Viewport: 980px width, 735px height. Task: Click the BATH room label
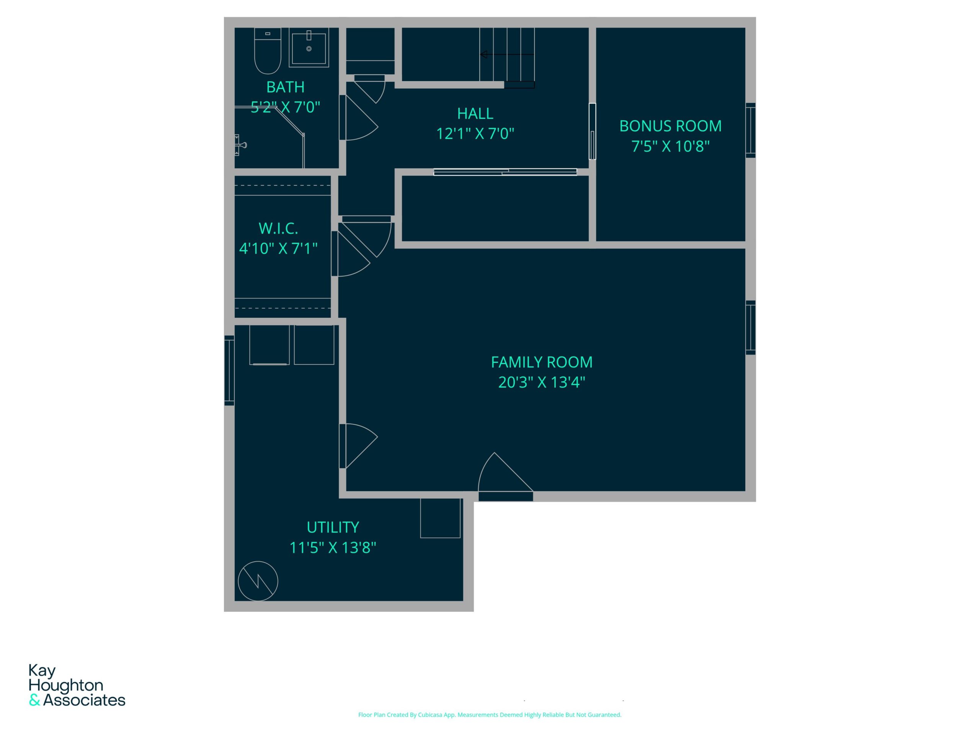pos(285,87)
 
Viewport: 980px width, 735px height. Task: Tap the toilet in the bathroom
pos(268,51)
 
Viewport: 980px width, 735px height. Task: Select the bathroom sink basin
pos(309,48)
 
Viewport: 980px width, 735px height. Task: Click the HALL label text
pos(475,113)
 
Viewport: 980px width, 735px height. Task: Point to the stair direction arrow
pos(507,54)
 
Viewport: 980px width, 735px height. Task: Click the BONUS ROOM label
pos(670,126)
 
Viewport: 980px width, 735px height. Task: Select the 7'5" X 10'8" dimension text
pos(670,146)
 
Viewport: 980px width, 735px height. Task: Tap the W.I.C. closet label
pos(278,228)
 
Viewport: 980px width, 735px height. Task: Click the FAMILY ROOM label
pos(541,362)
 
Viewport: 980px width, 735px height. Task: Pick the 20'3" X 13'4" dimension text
pos(541,382)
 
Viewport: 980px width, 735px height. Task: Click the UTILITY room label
pos(333,527)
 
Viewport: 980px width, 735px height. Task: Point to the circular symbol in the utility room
pos(258,581)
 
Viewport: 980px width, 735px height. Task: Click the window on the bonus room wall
pos(751,130)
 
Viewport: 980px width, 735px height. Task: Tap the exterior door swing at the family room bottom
pos(506,477)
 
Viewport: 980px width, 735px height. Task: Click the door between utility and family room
pos(358,446)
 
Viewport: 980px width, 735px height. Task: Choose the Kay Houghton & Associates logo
pos(77,685)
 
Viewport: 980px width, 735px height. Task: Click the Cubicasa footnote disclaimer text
pos(490,715)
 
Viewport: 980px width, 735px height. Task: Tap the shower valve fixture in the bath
pos(240,145)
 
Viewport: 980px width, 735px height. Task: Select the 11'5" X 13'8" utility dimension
pos(333,547)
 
